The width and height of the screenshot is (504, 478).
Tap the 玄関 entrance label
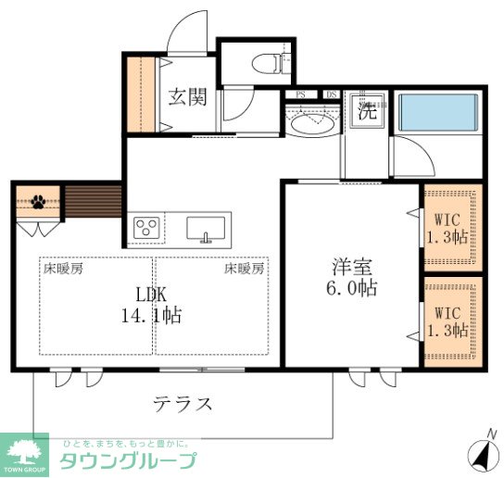coord(187,96)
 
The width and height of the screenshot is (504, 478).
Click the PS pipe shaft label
coord(300,94)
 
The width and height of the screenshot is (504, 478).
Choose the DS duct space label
coord(332,94)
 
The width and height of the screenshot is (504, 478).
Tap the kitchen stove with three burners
coord(146,227)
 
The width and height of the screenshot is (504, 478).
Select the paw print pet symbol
coord(38,200)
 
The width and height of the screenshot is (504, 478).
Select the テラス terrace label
coord(183,404)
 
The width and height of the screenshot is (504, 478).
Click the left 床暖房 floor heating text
coord(63,269)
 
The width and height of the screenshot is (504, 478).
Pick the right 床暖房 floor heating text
coord(244,269)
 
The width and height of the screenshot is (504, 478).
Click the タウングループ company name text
coord(128,461)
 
